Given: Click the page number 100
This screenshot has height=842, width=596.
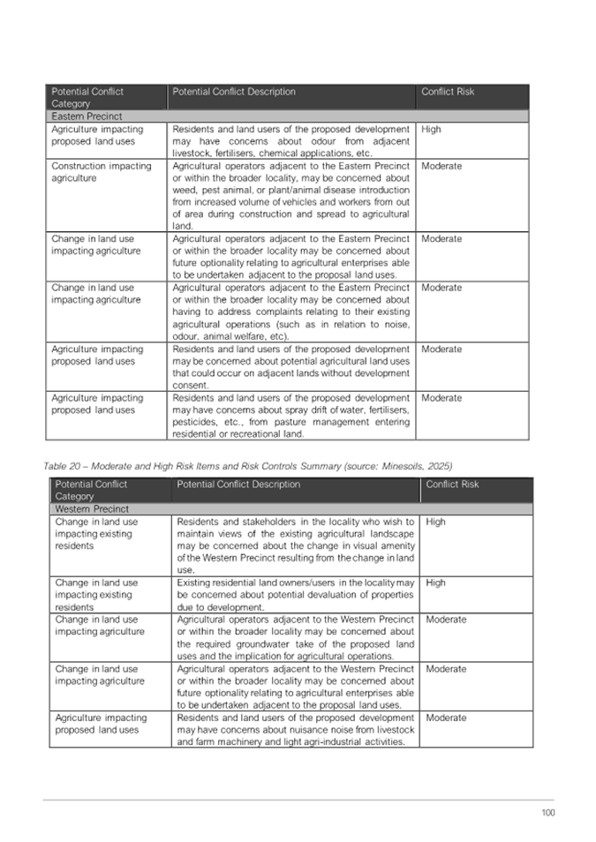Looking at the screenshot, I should pyautogui.click(x=548, y=813).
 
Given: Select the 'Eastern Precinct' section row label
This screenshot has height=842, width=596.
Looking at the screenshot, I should pyautogui.click(x=87, y=117).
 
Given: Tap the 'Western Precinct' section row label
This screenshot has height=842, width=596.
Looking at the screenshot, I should pyautogui.click(x=92, y=509).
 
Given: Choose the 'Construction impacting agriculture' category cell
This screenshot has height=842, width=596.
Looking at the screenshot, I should pyautogui.click(x=101, y=172).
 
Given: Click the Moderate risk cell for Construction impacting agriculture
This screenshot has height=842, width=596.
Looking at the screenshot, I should pyautogui.click(x=441, y=166).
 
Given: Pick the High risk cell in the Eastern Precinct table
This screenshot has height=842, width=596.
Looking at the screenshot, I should pyautogui.click(x=432, y=130).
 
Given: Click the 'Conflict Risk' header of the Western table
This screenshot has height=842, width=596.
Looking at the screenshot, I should pyautogui.click(x=453, y=485).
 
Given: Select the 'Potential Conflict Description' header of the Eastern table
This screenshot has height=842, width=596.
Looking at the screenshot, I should pyautogui.click(x=234, y=92).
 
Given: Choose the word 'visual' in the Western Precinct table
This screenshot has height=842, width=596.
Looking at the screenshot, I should pyautogui.click(x=351, y=546).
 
